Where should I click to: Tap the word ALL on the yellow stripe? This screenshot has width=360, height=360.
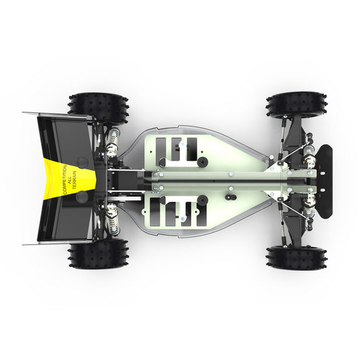tap(70, 179)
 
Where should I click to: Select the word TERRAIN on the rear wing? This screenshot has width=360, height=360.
tap(77, 179)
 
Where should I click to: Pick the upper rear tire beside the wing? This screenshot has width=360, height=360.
tap(99, 107)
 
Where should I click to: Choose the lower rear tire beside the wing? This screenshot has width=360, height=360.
tap(99, 254)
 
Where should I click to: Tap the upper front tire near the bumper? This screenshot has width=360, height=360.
tap(296, 106)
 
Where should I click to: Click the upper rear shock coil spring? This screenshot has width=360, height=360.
tap(112, 143)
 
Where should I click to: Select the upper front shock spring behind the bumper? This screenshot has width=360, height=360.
tap(307, 148)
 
